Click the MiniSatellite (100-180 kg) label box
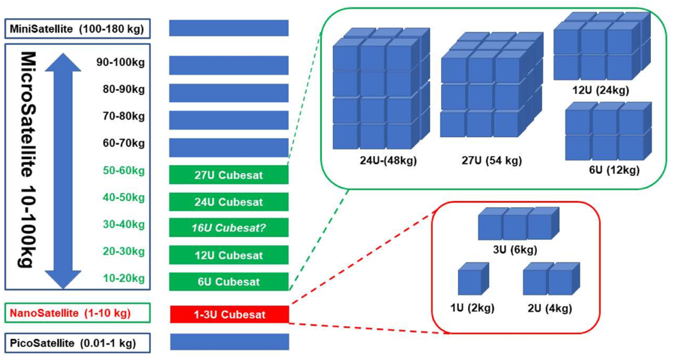[x=76, y=29]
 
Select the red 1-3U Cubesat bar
[x=229, y=314]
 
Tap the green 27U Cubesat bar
[x=229, y=175]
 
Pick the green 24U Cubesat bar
[x=229, y=202]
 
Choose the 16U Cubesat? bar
[x=229, y=228]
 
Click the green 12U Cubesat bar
[x=229, y=255]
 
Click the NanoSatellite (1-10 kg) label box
[x=76, y=314]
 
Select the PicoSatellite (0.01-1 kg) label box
[x=76, y=342]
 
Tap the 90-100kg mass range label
[x=121, y=62]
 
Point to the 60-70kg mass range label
[x=121, y=143]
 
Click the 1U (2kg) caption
[x=472, y=308]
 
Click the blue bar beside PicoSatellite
[x=229, y=342]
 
